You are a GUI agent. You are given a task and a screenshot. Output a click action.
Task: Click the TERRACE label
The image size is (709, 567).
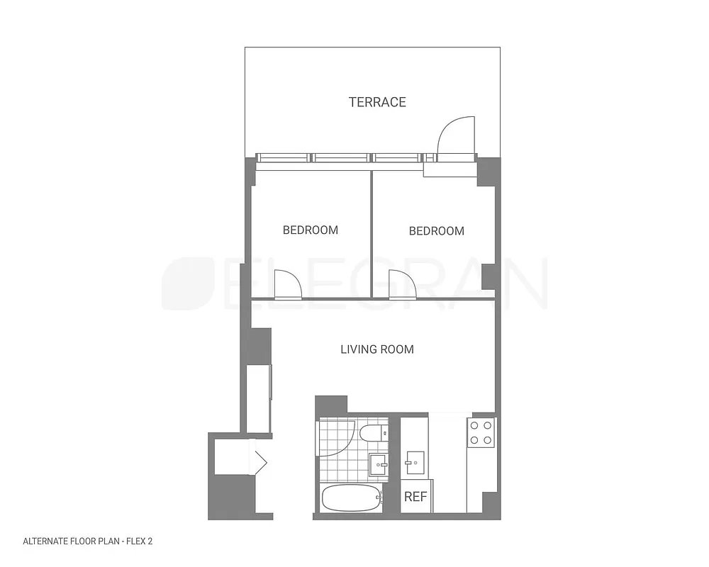377,102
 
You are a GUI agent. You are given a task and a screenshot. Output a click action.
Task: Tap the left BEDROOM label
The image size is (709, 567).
311,230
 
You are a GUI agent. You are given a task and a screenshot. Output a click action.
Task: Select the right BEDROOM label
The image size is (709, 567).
437,231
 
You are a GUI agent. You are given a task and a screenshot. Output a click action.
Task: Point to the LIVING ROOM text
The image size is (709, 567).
377,349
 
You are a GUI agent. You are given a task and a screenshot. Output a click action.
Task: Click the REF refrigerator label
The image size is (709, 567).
415,497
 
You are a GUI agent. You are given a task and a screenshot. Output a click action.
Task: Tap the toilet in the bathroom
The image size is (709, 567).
374,432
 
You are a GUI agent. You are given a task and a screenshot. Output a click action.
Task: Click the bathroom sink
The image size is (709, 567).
379,466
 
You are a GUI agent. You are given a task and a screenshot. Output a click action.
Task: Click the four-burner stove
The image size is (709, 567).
481,432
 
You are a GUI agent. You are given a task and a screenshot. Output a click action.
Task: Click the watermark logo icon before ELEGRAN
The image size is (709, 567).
188,283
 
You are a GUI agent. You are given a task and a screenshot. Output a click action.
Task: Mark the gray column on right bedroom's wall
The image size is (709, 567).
489,277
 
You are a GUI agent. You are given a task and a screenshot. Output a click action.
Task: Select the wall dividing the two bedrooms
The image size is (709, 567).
372,234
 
